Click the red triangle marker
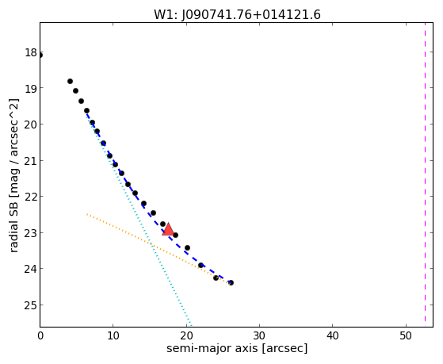tap(168, 230)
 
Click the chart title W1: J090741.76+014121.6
tap(237, 15)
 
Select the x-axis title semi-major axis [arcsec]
tap(237, 348)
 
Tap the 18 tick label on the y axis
tap(31, 52)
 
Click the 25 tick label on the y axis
tap(31, 305)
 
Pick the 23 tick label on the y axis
tap(31, 233)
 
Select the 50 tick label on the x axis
tap(406, 335)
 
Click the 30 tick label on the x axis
tap(259, 335)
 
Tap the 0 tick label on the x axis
tap(40, 335)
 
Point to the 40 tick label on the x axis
tap(332, 335)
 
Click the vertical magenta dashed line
tap(425, 174)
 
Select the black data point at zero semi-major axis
tap(40, 56)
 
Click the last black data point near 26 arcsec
tap(231, 282)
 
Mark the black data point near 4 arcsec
tap(70, 82)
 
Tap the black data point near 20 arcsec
tap(187, 248)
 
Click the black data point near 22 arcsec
tap(200, 266)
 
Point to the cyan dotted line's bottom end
tap(191, 326)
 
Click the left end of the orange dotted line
tap(87, 214)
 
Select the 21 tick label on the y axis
tap(31, 161)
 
